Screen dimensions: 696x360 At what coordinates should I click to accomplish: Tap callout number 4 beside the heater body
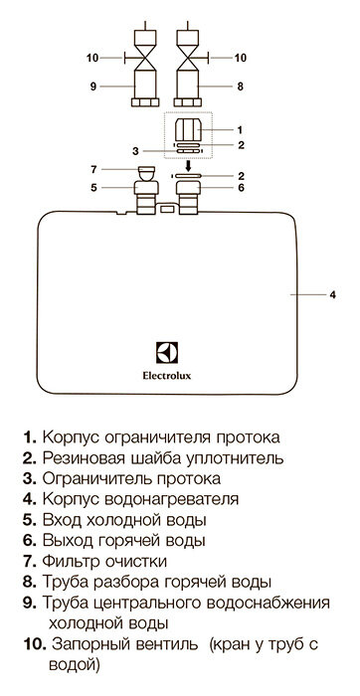click(x=335, y=294)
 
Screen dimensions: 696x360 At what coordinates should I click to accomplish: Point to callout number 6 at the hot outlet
click(x=239, y=186)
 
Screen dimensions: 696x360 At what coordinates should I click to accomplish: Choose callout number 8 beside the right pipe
click(x=240, y=86)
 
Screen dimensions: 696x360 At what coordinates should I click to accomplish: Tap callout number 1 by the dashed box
click(x=239, y=129)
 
